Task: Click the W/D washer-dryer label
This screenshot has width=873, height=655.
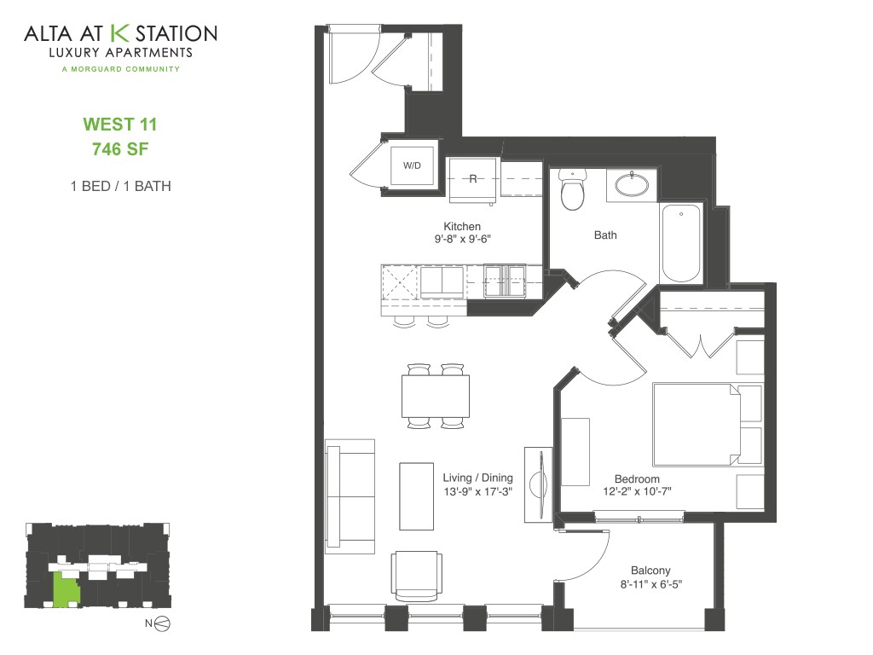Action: [x=413, y=164]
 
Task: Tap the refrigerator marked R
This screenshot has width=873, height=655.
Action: [x=473, y=179]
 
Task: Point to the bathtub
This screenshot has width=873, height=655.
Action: [x=681, y=242]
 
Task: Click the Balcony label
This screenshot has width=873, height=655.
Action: [x=650, y=571]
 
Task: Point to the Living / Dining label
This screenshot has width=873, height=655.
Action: [x=477, y=478]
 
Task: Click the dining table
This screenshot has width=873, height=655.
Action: [x=436, y=396]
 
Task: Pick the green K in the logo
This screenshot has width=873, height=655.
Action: [x=120, y=34]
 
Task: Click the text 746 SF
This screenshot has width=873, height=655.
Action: [x=120, y=148]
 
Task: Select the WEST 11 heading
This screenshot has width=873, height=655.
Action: [x=120, y=125]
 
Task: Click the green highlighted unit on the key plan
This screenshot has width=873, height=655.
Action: [x=65, y=589]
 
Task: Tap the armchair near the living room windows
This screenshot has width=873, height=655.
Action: [x=418, y=574]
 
